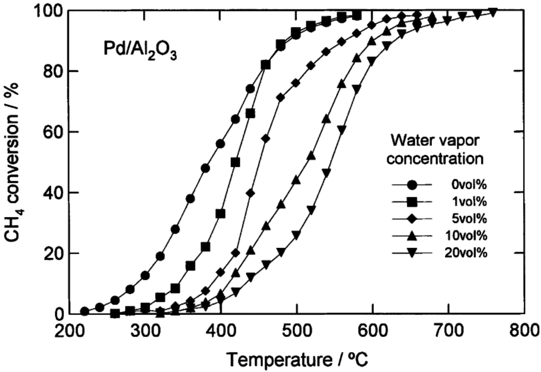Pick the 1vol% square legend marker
coord(412,201)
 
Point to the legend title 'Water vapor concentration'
coord(436,150)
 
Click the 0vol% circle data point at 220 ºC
coord(85,311)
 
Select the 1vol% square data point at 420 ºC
coord(236,162)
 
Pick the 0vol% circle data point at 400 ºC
coord(220,144)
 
